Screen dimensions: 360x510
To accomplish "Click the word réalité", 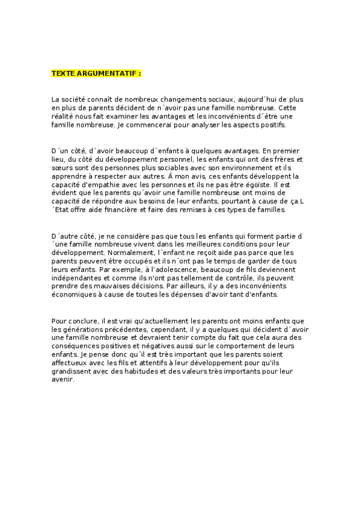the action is tap(64, 116).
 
